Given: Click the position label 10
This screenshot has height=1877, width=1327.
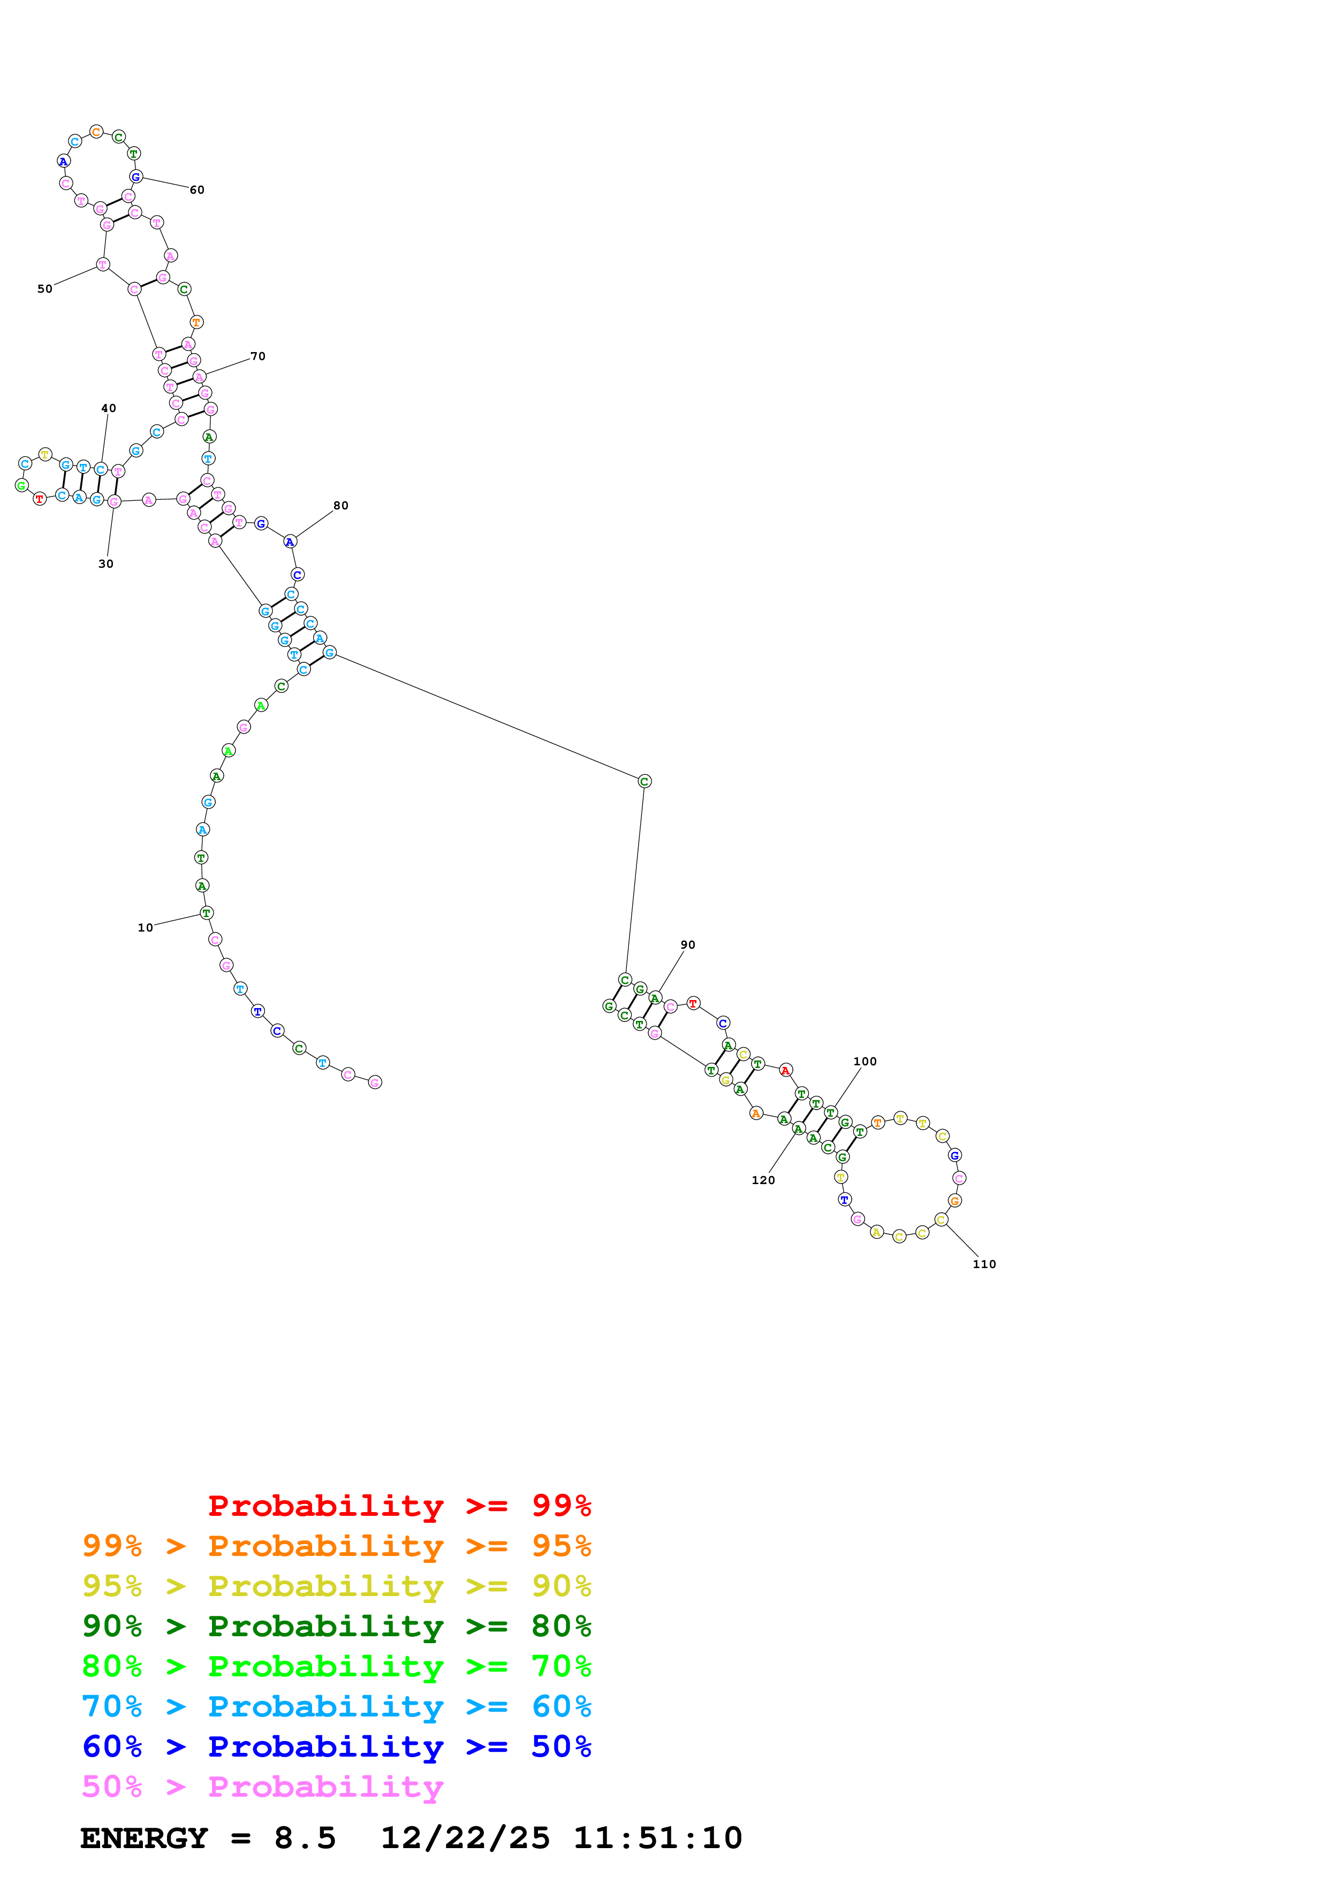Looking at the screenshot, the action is pyautogui.click(x=145, y=928).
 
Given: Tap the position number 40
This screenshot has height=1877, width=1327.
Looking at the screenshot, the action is pyautogui.click(x=109, y=408).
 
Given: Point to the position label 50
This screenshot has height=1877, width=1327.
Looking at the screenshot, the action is pyautogui.click(x=45, y=288).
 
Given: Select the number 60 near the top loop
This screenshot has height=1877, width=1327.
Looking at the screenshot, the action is pyautogui.click(x=197, y=189).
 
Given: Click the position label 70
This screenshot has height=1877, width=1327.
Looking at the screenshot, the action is pyautogui.click(x=257, y=356).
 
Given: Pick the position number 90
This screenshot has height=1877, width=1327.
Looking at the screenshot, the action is pyautogui.click(x=688, y=945).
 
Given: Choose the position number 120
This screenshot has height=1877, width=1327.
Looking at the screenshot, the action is pyautogui.click(x=763, y=1180).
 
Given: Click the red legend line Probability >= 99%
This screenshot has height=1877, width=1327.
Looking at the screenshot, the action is pyautogui.click(x=399, y=1505).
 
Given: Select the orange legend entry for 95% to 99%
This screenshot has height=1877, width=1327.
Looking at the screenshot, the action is pyautogui.click(x=336, y=1546).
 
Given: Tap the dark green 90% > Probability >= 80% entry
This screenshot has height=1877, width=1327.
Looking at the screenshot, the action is pyautogui.click(x=336, y=1626).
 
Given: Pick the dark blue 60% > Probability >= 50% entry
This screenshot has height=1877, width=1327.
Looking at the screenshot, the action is pyautogui.click(x=336, y=1746).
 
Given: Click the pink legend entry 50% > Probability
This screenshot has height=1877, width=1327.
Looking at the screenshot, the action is pyautogui.click(x=262, y=1786).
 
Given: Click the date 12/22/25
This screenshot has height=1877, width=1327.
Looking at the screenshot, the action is pyautogui.click(x=465, y=1838).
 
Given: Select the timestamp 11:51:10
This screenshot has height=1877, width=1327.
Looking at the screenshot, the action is pyautogui.click(x=657, y=1838).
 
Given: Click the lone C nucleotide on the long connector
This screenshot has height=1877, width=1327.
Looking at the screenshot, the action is pyautogui.click(x=644, y=782).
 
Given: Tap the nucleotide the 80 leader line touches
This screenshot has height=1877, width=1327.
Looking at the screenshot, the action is pyautogui.click(x=290, y=542).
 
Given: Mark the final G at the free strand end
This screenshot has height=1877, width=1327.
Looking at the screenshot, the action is pyautogui.click(x=375, y=1082).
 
